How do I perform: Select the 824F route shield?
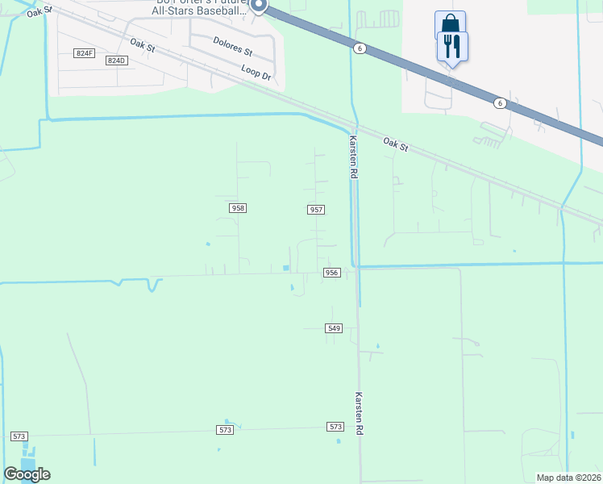[x=83, y=52]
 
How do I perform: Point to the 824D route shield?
[x=117, y=60]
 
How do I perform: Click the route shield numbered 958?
[x=237, y=208]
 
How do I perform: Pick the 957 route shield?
[x=316, y=210]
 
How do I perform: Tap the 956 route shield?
[x=331, y=273]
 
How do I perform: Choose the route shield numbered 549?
[x=335, y=328]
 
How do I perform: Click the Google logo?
[x=27, y=474]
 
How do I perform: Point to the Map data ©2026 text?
[x=569, y=478]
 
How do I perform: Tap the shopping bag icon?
[x=450, y=23]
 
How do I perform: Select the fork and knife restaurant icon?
[x=451, y=46]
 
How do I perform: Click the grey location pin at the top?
[x=258, y=6]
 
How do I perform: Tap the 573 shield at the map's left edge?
[x=19, y=436]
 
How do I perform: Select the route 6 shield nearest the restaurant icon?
[x=500, y=102]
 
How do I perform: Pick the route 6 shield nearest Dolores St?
[x=359, y=48]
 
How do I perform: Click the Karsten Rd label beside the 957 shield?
[x=353, y=156]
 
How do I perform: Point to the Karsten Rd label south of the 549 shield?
[x=360, y=415]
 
